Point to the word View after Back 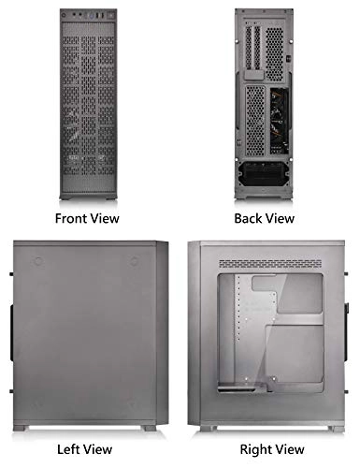[x=279, y=218]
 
